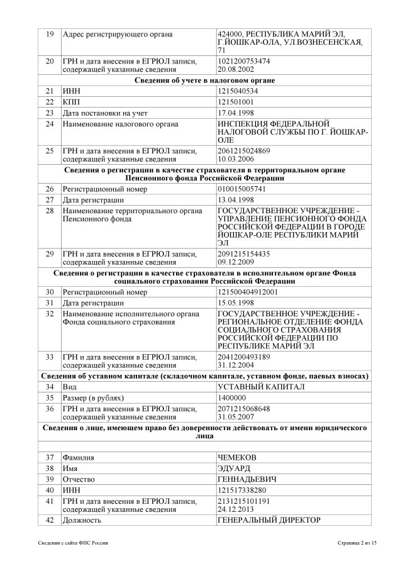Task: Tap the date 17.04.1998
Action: [237, 113]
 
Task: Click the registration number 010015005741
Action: [242, 189]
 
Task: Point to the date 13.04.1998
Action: [237, 200]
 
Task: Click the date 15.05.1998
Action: [237, 302]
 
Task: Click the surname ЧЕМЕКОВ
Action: [237, 457]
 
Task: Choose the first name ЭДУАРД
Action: [234, 469]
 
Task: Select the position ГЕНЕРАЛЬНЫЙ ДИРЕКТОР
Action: [269, 519]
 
